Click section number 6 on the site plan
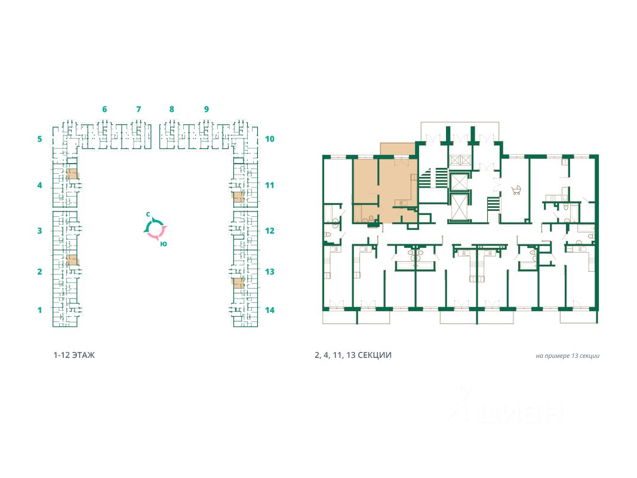[104, 109]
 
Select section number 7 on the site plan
[139, 109]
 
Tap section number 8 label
[171, 109]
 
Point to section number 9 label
[206, 109]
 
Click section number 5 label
[39, 139]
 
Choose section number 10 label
[269, 139]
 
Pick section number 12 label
[269, 231]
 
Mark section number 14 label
[269, 310]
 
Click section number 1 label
[39, 310]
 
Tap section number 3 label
[39, 231]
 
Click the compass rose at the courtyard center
[155, 228]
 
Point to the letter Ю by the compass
[164, 243]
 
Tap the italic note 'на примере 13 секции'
[567, 356]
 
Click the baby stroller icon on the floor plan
[516, 191]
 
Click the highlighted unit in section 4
[72, 174]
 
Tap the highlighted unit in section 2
[72, 260]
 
